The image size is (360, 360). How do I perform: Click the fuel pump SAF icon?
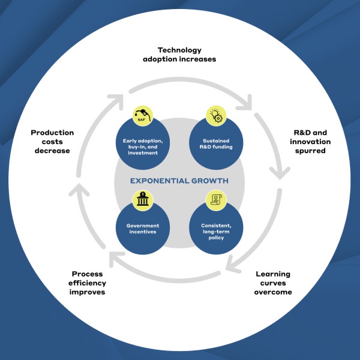(x=143, y=116)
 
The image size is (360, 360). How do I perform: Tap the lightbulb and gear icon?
(x=216, y=115)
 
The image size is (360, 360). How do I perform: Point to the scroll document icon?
(x=216, y=199)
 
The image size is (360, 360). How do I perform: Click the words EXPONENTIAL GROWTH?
(x=179, y=181)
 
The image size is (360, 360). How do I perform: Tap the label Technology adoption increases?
(x=179, y=55)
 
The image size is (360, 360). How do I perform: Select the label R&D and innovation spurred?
(x=310, y=142)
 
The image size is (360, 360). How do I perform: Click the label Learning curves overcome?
(x=273, y=283)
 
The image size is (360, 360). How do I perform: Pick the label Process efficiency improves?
(x=87, y=283)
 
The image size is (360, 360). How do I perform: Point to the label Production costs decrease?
(x=52, y=142)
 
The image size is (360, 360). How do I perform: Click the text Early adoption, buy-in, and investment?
(x=143, y=147)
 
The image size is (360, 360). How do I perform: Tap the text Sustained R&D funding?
(x=216, y=144)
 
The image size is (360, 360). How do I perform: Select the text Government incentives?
(x=143, y=229)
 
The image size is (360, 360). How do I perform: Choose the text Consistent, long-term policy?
(x=216, y=232)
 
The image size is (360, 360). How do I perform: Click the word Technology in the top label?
(x=179, y=50)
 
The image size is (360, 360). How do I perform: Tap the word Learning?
(x=273, y=274)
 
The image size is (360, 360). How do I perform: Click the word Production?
(x=52, y=133)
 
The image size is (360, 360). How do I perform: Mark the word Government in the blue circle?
(x=143, y=226)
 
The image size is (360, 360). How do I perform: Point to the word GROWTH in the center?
(x=210, y=181)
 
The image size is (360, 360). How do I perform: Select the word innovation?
(x=310, y=142)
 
